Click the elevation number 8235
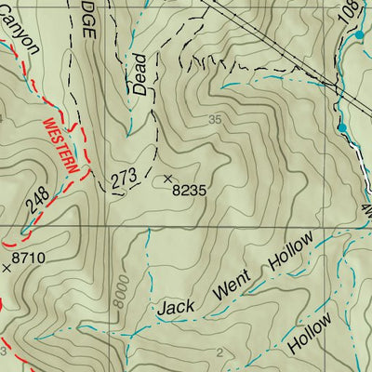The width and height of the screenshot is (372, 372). pyautogui.click(x=188, y=188)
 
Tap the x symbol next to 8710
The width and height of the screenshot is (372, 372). pyautogui.click(x=7, y=267)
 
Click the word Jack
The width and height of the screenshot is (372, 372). pyautogui.click(x=176, y=306)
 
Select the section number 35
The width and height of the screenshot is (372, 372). pyautogui.click(x=217, y=119)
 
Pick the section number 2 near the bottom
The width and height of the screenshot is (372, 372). pyautogui.click(x=219, y=351)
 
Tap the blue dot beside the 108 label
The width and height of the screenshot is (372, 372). pyautogui.click(x=360, y=34)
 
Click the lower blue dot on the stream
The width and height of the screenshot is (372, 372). pyautogui.click(x=342, y=126)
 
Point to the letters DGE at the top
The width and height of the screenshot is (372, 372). pyautogui.click(x=86, y=25)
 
